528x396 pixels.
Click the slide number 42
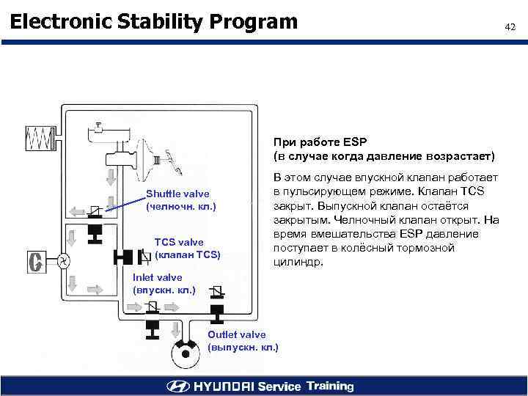point(510,27)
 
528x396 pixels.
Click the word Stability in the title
point(158,22)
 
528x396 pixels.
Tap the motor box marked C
point(34,262)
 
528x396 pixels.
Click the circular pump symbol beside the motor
point(64,260)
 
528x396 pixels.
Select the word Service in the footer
point(278,386)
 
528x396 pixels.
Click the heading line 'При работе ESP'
point(320,142)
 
